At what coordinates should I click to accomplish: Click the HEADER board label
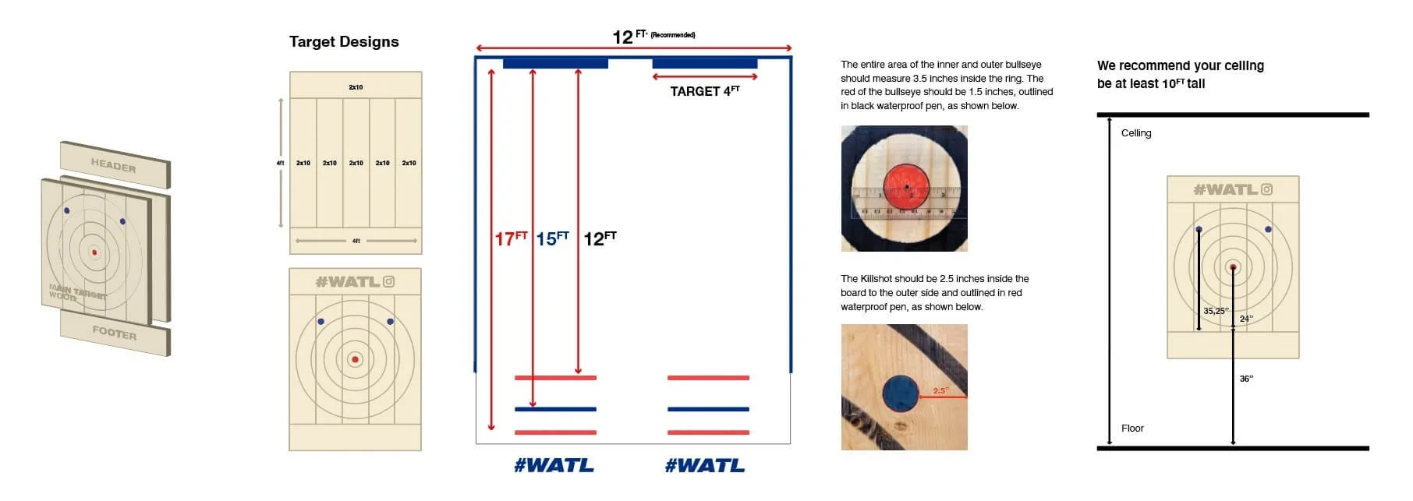pyautogui.click(x=114, y=165)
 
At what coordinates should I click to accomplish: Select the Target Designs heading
pyautogui.click(x=344, y=42)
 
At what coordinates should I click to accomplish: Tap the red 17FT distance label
pyautogui.click(x=511, y=238)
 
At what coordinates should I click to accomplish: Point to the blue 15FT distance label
pyautogui.click(x=553, y=238)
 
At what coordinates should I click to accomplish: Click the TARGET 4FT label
pyautogui.click(x=705, y=91)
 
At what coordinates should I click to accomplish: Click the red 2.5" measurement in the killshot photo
pyautogui.click(x=940, y=390)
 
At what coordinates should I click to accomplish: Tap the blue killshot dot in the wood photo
pyautogui.click(x=901, y=393)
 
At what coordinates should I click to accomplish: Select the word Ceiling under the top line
pyautogui.click(x=1136, y=133)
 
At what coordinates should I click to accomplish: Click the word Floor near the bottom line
pyautogui.click(x=1132, y=429)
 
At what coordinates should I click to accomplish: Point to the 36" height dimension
pyautogui.click(x=1246, y=379)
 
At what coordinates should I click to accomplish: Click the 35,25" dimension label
pyautogui.click(x=1216, y=311)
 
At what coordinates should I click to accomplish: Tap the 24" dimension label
pyautogui.click(x=1246, y=319)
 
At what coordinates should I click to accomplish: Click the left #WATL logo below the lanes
pyautogui.click(x=554, y=466)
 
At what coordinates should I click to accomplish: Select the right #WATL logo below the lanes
pyautogui.click(x=705, y=466)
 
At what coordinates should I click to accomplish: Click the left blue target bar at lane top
pyautogui.click(x=555, y=63)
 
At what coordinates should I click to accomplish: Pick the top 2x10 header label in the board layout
pyautogui.click(x=356, y=87)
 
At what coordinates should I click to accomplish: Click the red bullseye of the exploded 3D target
pyautogui.click(x=94, y=252)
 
